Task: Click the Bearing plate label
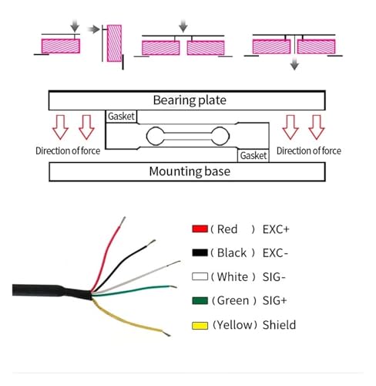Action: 190,100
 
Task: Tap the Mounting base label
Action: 190,171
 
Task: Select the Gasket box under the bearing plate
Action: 121,117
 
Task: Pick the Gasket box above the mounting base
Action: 253,155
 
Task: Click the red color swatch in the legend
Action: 200,229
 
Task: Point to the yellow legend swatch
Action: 200,326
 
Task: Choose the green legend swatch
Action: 200,300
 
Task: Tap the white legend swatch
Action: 200,276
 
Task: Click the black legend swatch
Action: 200,252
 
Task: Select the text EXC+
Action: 276,229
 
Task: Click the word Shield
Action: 279,325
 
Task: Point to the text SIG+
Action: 274,300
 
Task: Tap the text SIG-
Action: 274,277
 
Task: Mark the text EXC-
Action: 275,253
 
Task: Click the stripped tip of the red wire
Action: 123,222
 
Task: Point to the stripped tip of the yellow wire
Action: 166,333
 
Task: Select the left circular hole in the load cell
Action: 155,136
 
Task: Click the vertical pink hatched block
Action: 114,43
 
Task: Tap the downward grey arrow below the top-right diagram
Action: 294,64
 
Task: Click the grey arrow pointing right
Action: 93,29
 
